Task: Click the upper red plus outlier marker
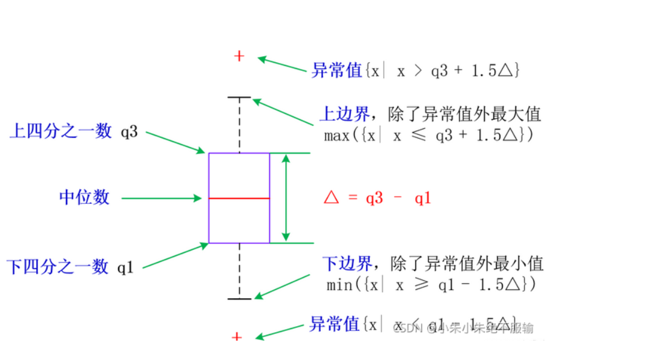point(239,56)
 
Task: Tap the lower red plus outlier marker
point(237,336)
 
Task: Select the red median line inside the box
point(239,198)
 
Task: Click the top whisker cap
point(239,97)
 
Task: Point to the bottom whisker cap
point(239,298)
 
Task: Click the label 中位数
point(85,197)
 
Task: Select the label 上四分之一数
point(61,131)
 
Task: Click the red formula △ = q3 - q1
point(377,198)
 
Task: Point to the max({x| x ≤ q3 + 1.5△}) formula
point(428,136)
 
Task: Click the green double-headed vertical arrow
point(286,198)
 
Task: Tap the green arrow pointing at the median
point(161,198)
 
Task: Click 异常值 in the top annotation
point(336,70)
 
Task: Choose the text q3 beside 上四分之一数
point(129,131)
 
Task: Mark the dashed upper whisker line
point(239,124)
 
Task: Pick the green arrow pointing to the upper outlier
point(283,65)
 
